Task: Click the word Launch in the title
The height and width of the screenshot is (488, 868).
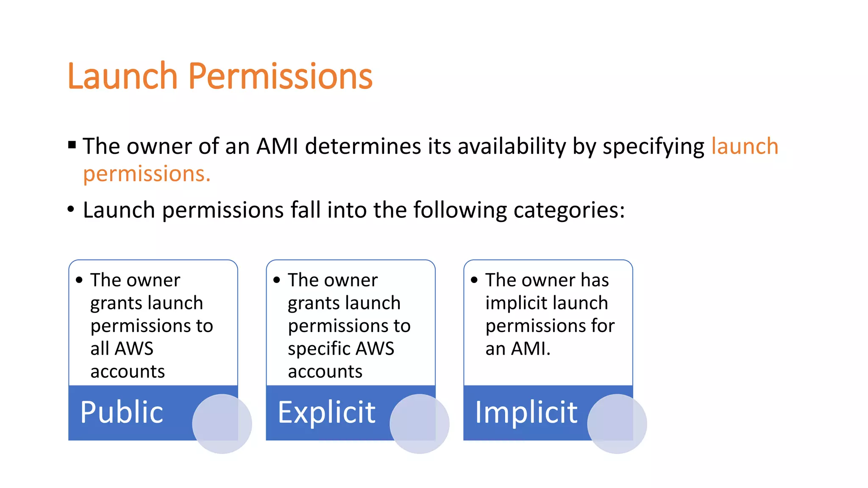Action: click(122, 76)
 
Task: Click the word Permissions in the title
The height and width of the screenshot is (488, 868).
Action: click(280, 76)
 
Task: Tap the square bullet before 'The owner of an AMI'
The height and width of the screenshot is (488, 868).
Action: click(72, 145)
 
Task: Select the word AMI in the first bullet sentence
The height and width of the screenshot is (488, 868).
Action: click(277, 146)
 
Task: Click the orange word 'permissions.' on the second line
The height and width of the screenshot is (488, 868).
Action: click(147, 174)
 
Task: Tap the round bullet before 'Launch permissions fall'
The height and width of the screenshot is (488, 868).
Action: click(71, 209)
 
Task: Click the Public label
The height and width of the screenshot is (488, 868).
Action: click(122, 412)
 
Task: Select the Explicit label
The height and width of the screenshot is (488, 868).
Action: click(326, 412)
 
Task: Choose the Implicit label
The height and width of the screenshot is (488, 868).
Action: click(526, 412)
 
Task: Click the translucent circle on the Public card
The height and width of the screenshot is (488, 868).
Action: click(222, 424)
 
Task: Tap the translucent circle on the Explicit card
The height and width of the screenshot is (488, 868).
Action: click(420, 424)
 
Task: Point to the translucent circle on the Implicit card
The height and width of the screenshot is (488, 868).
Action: click(617, 424)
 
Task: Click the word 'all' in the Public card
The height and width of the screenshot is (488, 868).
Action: click(100, 349)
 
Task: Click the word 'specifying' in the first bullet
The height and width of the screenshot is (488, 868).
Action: click(653, 147)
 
